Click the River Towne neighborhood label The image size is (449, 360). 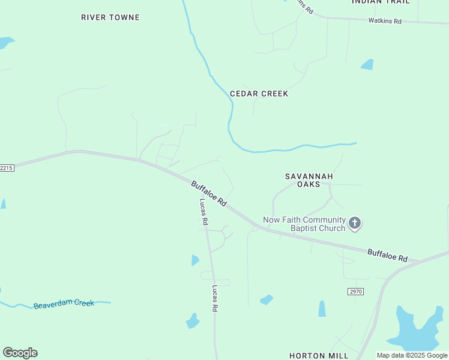[x=110, y=17]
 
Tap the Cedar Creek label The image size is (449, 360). [x=259, y=94]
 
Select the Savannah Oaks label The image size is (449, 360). [x=308, y=180]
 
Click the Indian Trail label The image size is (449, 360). [x=381, y=2]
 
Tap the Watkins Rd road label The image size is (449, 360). [x=385, y=21]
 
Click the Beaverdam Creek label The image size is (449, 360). [x=64, y=304]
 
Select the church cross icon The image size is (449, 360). [x=355, y=224]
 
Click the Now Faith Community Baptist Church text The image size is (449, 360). [x=304, y=224]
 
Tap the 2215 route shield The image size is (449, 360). [x=6, y=168]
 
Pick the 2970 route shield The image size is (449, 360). [x=355, y=291]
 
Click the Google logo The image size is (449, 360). [x=20, y=353]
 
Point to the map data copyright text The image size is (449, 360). [x=412, y=355]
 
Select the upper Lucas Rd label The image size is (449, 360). [x=203, y=212]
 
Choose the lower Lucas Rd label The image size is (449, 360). [x=214, y=298]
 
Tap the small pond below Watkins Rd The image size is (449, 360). [x=367, y=64]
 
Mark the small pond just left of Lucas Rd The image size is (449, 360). [x=194, y=260]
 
